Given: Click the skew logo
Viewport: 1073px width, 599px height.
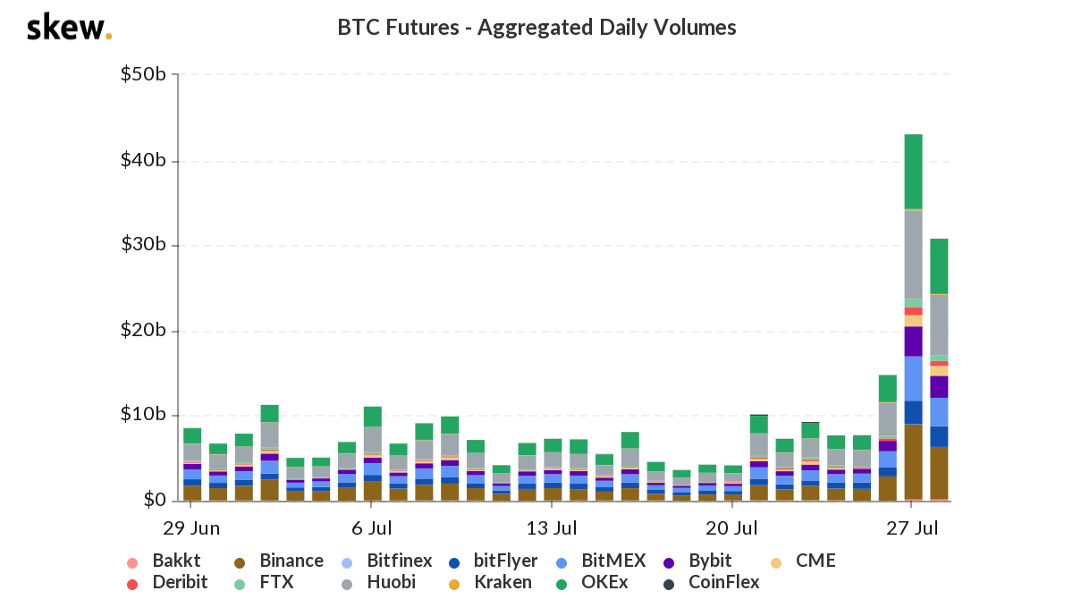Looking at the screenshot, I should click(69, 28).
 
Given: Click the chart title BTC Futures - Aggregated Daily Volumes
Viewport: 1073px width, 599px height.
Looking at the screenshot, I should click(536, 28).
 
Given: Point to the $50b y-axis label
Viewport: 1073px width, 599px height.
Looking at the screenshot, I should click(143, 74).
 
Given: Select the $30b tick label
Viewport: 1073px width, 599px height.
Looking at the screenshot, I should click(143, 245).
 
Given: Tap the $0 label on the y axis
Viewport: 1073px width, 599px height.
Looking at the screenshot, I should click(154, 500).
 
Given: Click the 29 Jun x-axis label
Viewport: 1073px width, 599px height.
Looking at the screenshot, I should click(192, 527).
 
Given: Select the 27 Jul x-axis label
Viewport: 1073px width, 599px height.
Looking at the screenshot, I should click(912, 527).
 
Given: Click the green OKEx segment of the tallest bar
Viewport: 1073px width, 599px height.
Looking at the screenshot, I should click(913, 171).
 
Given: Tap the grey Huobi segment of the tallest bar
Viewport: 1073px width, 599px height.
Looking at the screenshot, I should click(913, 254).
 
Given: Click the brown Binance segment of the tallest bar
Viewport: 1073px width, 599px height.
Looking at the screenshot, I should click(913, 461).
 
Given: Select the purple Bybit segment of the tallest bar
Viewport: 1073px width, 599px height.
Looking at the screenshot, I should click(913, 341).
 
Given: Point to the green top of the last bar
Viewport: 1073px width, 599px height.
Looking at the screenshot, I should click(939, 266).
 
